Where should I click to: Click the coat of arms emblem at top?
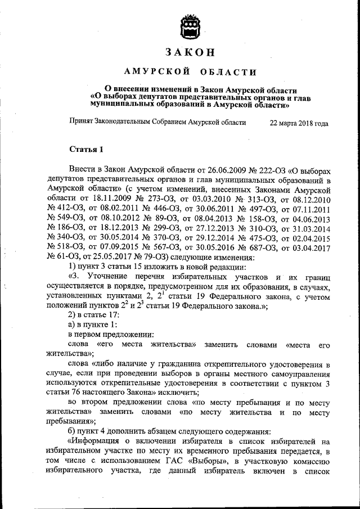pos(190,26)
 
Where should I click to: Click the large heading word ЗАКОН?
pos(190,53)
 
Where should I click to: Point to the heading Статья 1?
pos(86,149)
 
